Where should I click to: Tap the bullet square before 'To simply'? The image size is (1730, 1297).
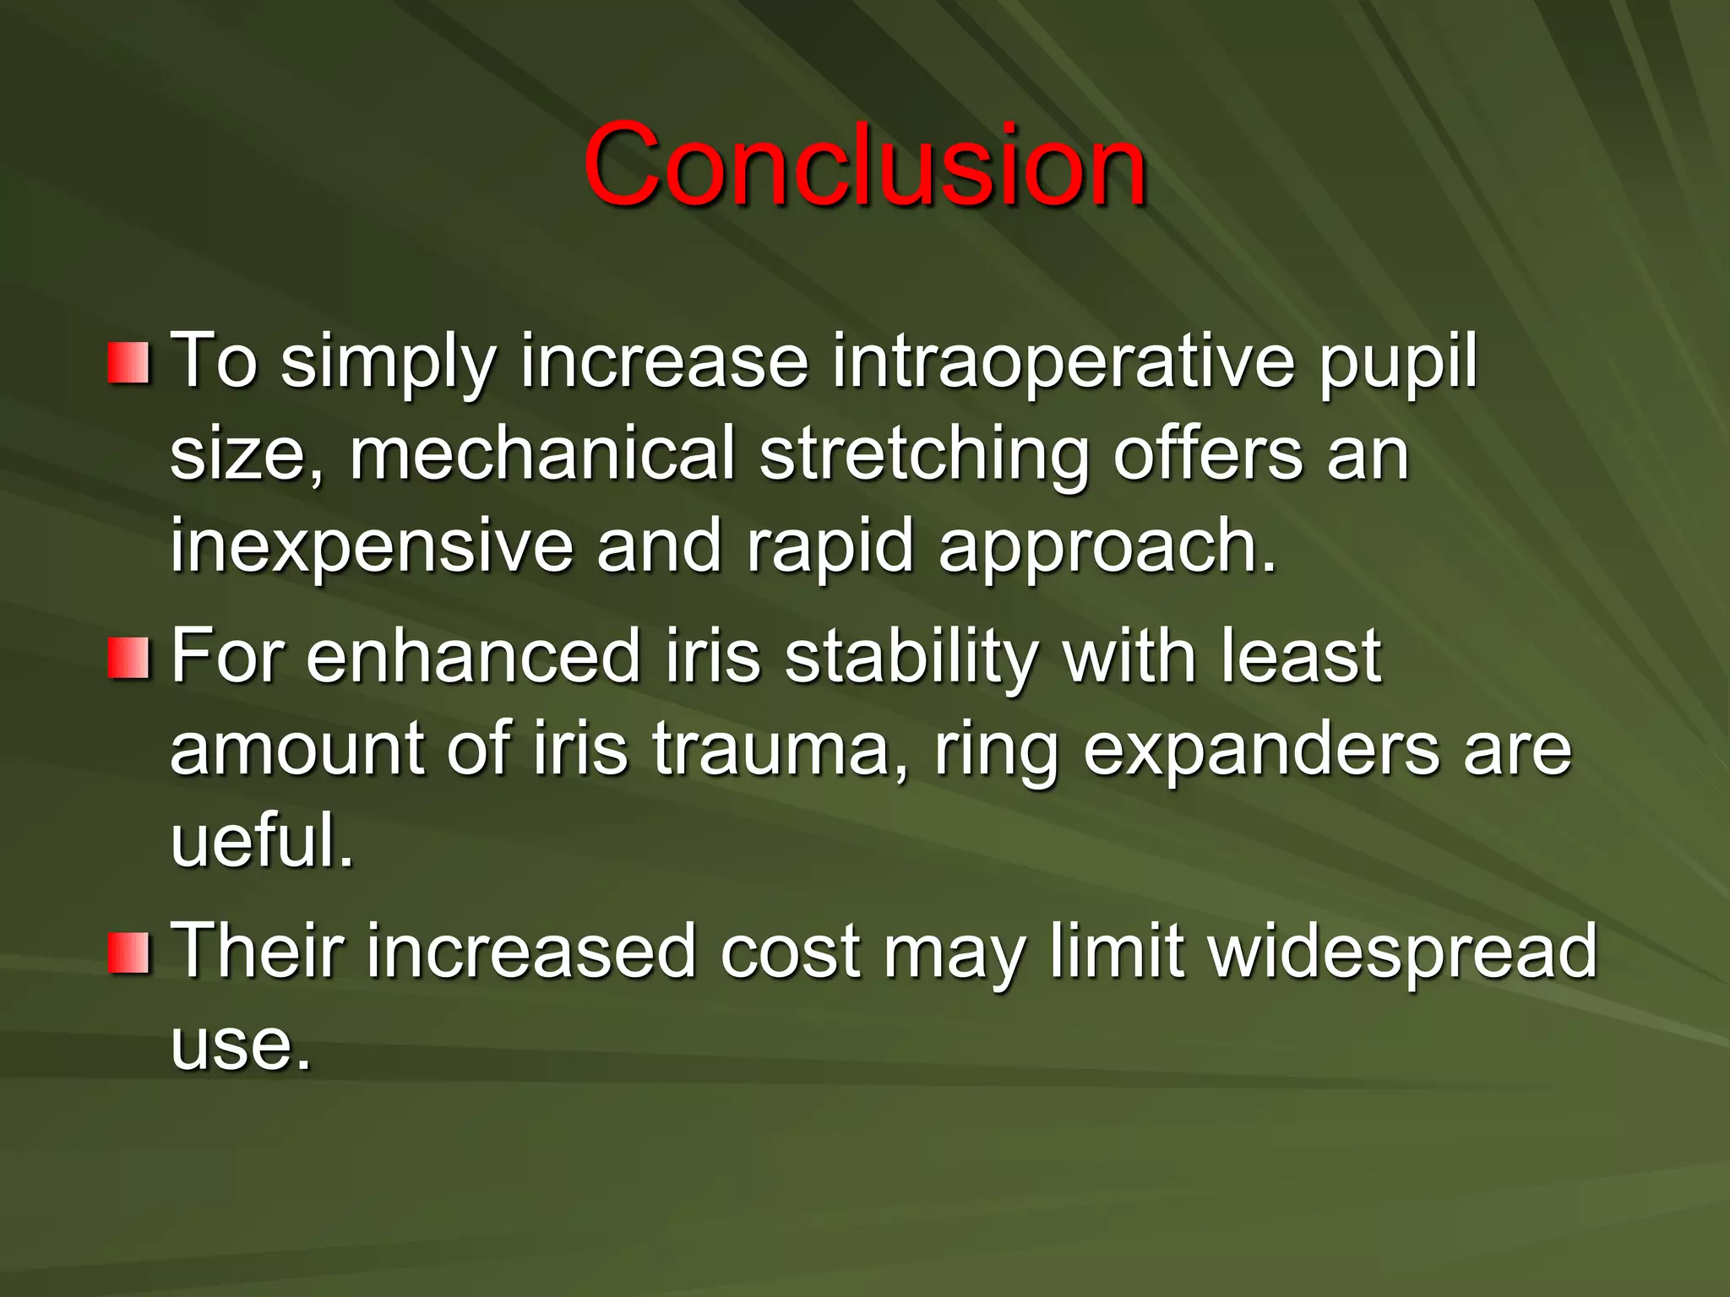[x=128, y=364]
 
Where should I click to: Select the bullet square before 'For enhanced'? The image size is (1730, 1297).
[x=128, y=659]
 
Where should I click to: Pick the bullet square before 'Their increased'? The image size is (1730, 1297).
[x=128, y=952]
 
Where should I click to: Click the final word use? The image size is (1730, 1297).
[x=241, y=1045]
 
